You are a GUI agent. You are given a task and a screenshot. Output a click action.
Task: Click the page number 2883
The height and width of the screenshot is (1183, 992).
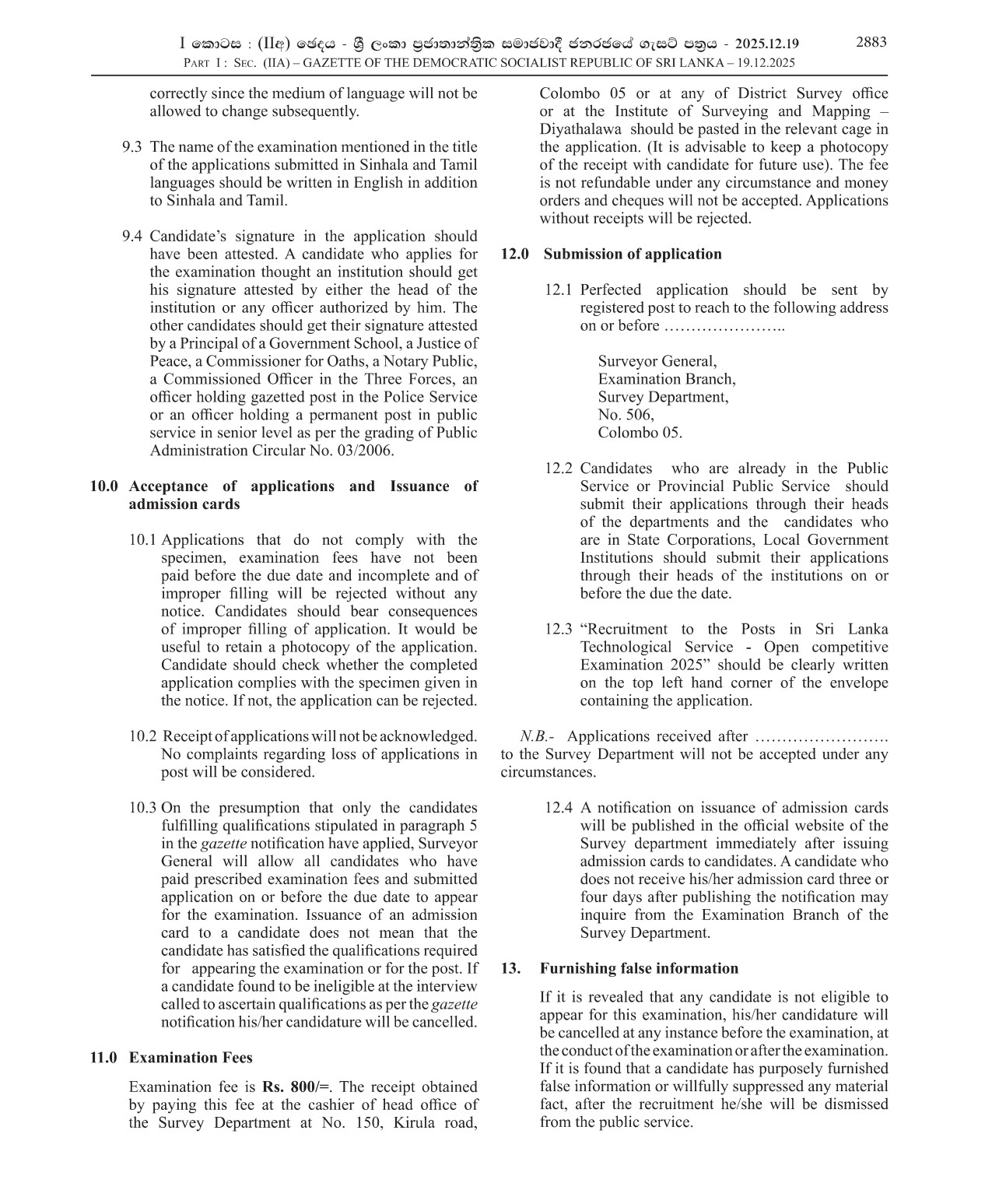(x=871, y=43)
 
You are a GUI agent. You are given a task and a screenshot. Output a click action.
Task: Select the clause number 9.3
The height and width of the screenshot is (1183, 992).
(x=132, y=147)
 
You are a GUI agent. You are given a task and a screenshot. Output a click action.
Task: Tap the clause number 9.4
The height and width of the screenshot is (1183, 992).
(x=132, y=237)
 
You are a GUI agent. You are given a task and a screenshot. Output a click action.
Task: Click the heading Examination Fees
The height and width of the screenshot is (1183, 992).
(x=191, y=1058)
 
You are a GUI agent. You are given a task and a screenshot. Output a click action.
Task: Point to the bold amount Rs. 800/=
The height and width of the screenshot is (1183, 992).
(x=296, y=1087)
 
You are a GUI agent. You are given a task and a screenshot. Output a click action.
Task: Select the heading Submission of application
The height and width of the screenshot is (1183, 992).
(x=632, y=255)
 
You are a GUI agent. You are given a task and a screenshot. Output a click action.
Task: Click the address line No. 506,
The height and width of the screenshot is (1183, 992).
(x=626, y=416)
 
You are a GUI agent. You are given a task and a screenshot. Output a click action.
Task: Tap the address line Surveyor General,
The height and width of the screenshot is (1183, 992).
(x=657, y=362)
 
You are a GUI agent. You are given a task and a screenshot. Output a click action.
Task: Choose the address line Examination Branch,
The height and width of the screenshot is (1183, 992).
(x=667, y=380)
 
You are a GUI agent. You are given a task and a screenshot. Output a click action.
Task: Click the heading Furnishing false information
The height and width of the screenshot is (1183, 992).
(x=639, y=969)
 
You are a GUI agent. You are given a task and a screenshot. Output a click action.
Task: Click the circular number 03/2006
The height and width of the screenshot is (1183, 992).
(x=365, y=451)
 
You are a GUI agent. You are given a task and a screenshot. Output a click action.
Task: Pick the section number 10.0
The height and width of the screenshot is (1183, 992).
(x=104, y=487)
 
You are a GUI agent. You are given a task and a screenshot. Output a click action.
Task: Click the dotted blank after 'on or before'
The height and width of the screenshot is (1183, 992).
(x=724, y=327)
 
